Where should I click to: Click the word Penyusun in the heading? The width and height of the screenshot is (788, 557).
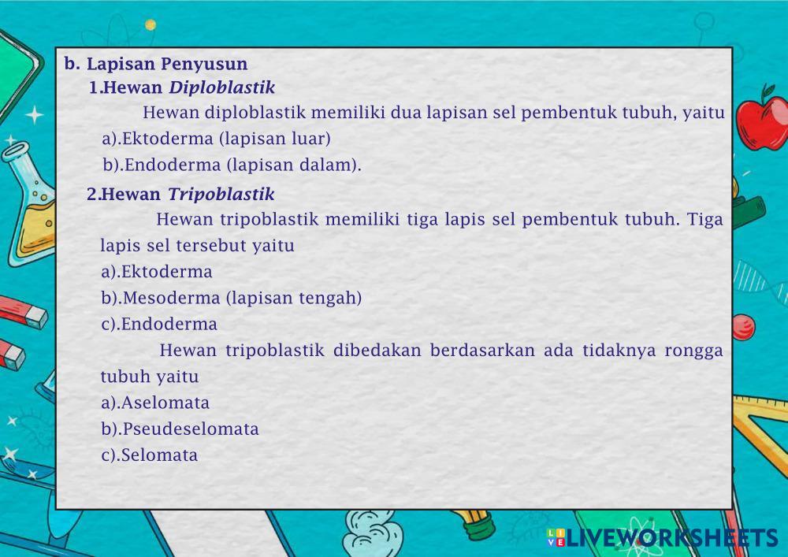coord(204,65)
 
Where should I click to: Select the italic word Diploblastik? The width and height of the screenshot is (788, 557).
coord(221,87)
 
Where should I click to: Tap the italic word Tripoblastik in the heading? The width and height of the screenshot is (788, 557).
coord(221,194)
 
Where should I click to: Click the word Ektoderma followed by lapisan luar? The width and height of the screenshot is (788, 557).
coord(167,139)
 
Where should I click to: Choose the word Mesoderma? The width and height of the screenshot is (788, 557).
coord(171,298)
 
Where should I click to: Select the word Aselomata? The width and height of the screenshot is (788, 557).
coord(165,403)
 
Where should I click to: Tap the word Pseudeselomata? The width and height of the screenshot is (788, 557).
coord(191,429)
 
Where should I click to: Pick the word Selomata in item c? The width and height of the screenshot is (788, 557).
coord(159,455)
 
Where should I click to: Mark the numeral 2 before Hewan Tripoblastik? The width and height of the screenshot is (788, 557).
coord(91,194)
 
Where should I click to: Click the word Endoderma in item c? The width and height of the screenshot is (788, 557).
coord(169,324)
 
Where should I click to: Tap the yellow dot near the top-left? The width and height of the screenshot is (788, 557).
coord(151,24)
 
